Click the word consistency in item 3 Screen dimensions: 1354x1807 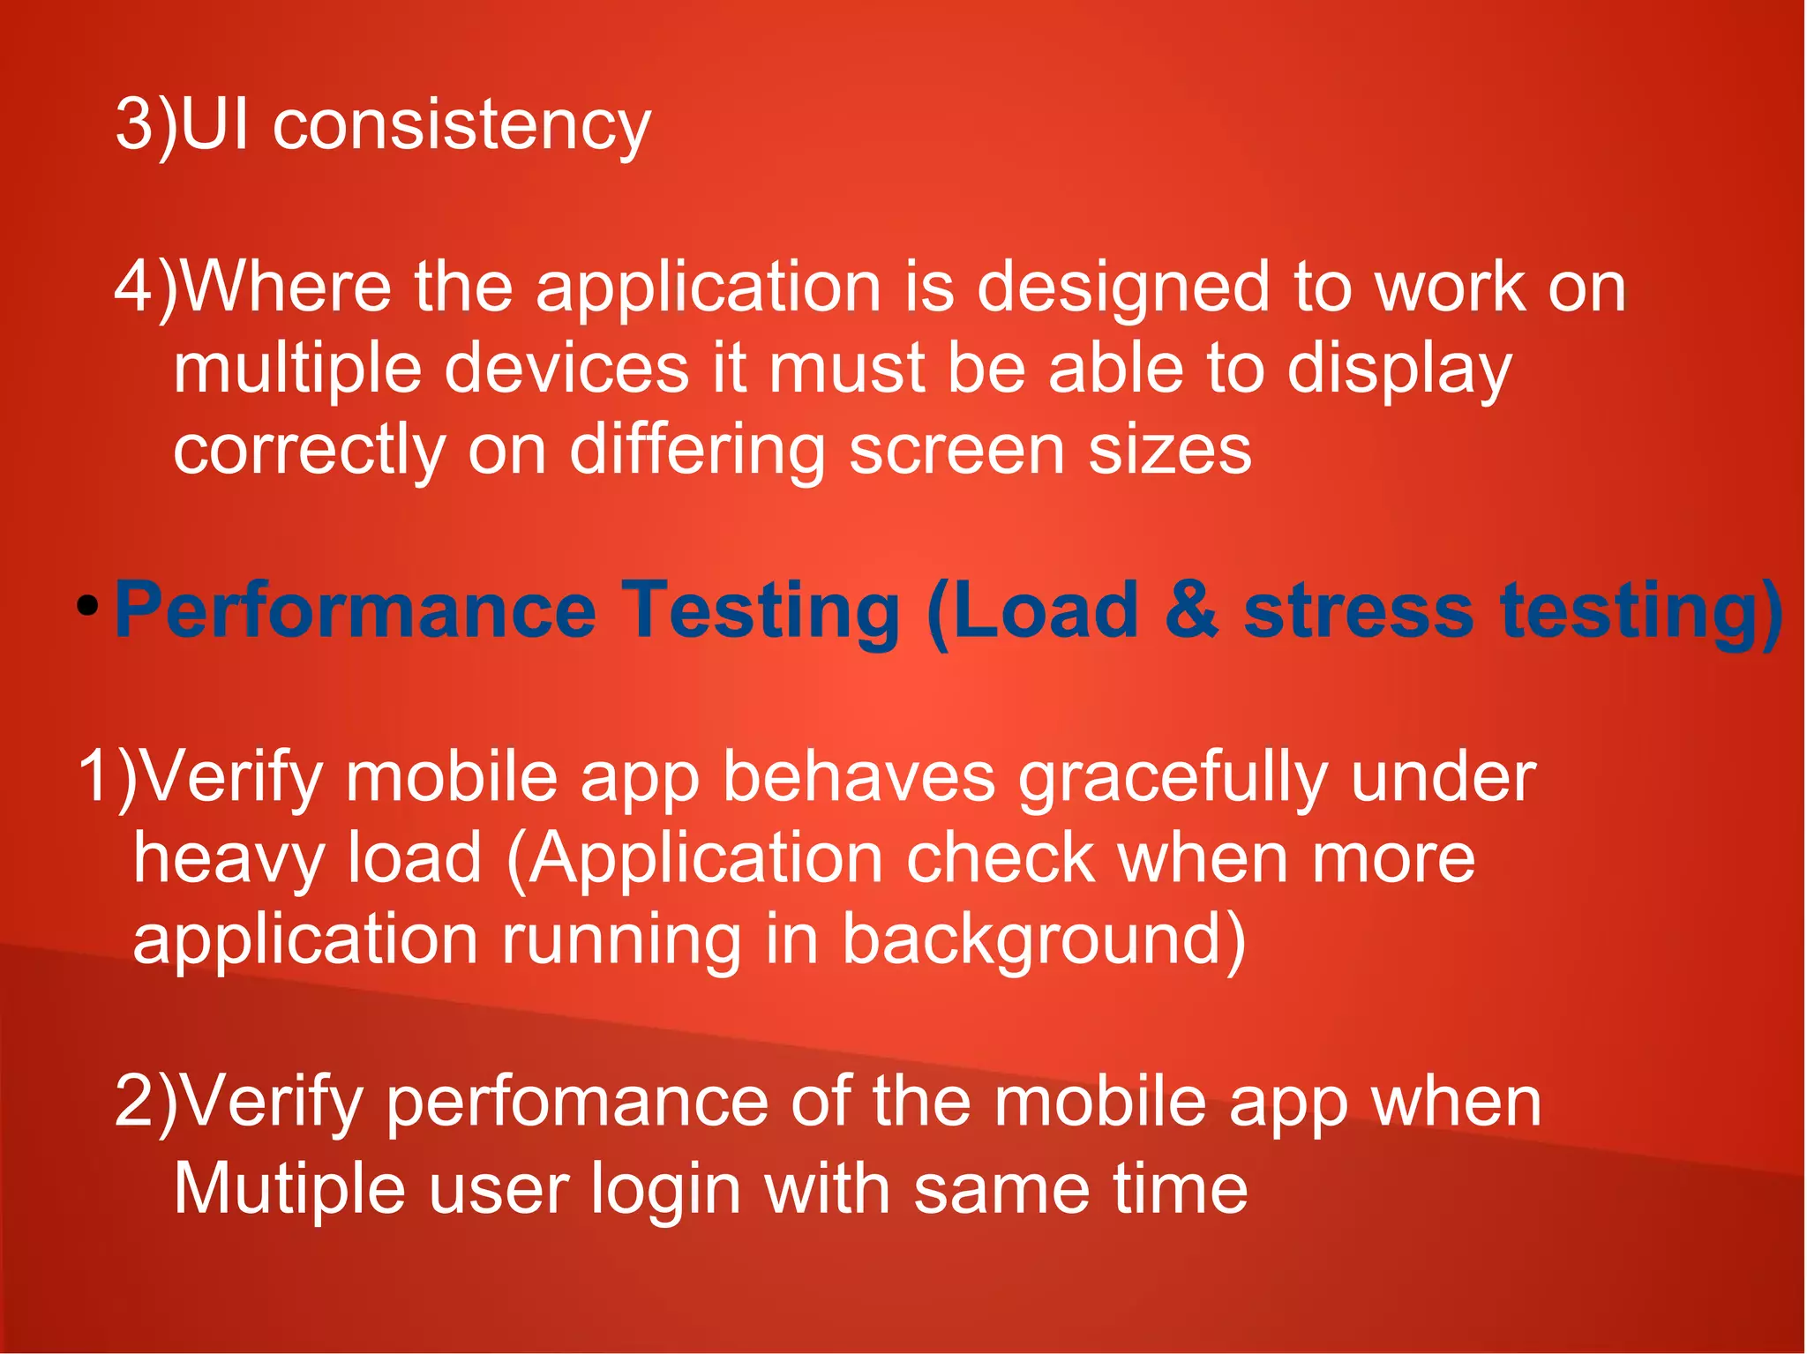coord(461,125)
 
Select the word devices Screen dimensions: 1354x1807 coord(566,369)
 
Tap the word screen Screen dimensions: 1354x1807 coord(956,450)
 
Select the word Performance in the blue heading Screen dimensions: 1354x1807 coord(356,610)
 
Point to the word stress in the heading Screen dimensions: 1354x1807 coord(1358,610)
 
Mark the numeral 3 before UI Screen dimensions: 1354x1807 coord(135,125)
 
